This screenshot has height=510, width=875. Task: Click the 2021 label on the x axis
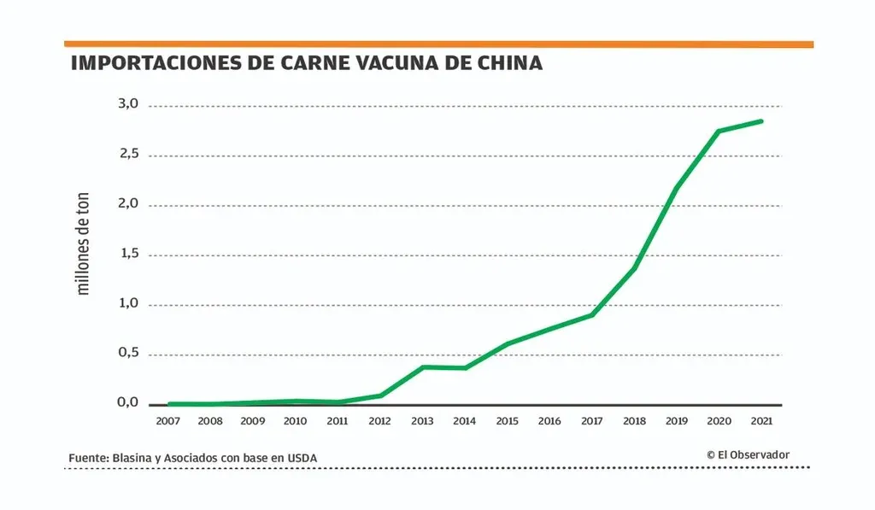pyautogui.click(x=760, y=420)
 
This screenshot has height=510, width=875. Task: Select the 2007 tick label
pyautogui.click(x=168, y=420)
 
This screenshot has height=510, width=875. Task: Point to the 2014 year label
pyautogui.click(x=464, y=420)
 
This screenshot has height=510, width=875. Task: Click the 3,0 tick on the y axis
pyautogui.click(x=128, y=104)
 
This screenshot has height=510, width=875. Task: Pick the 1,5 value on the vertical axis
pyautogui.click(x=128, y=254)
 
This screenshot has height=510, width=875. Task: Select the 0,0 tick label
pyautogui.click(x=128, y=402)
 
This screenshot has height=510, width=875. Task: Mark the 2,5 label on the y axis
pyautogui.click(x=128, y=154)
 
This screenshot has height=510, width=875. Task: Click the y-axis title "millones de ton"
pyautogui.click(x=83, y=243)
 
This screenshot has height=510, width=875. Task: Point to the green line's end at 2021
pyautogui.click(x=760, y=121)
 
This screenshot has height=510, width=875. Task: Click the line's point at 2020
pyautogui.click(x=718, y=131)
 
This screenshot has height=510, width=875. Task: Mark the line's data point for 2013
pyautogui.click(x=422, y=367)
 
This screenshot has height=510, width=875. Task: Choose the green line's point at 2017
pyautogui.click(x=591, y=315)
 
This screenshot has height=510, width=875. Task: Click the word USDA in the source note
pyautogui.click(x=302, y=459)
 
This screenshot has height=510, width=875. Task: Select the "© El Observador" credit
pyautogui.click(x=748, y=454)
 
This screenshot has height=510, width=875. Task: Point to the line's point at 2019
pyautogui.click(x=676, y=188)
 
